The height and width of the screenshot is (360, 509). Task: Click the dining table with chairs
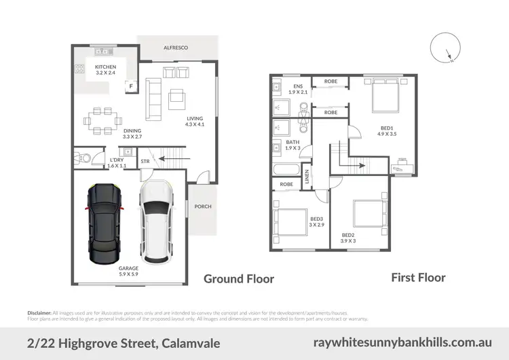99,120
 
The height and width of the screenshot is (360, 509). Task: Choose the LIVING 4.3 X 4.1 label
195,123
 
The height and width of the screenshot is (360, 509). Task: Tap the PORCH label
202,206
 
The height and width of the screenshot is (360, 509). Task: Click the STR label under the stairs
145,161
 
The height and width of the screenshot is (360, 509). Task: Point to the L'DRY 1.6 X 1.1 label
117,163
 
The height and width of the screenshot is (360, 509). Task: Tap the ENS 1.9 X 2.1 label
298,89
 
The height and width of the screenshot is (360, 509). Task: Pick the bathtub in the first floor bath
286,170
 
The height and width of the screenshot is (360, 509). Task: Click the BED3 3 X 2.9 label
316,221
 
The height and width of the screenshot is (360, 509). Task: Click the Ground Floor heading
240,278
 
